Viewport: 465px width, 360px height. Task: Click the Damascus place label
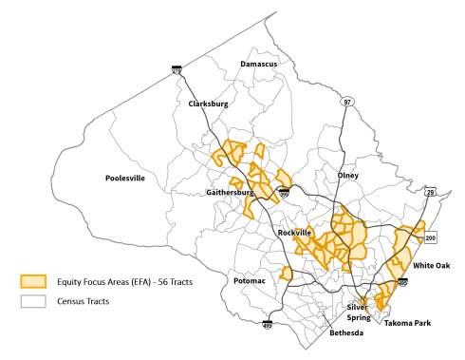point(259,64)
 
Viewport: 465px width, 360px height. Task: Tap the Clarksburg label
point(209,104)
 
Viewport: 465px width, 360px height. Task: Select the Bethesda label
point(345,334)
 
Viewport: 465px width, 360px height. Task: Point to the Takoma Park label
point(408,324)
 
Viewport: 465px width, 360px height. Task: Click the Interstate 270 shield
point(177,68)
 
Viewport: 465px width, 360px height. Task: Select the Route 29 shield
point(430,194)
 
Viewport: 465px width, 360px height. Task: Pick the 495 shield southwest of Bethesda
point(268,326)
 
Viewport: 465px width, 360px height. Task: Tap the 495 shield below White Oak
point(403,283)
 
